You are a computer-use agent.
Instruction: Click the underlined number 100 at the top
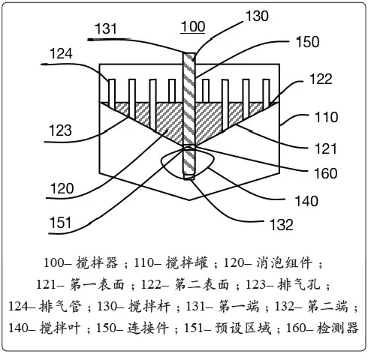click(x=193, y=26)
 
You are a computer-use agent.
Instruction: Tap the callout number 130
click(x=257, y=16)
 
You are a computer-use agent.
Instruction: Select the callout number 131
click(x=106, y=28)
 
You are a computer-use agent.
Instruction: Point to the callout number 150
click(x=308, y=42)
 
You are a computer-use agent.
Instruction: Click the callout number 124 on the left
click(x=61, y=53)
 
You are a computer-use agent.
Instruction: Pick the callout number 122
click(x=321, y=79)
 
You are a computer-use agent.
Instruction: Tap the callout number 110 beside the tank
click(x=327, y=117)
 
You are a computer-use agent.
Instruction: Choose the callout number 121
click(x=325, y=148)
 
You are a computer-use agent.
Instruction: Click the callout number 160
click(x=326, y=173)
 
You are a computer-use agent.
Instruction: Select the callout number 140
click(x=306, y=201)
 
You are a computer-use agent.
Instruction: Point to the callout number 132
click(x=282, y=224)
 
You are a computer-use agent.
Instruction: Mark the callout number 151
click(x=61, y=222)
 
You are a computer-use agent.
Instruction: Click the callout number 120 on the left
click(x=62, y=188)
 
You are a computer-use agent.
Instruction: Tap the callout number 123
click(x=60, y=130)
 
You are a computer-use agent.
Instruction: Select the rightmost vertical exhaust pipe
click(x=266, y=94)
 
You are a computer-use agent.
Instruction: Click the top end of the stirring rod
click(x=189, y=53)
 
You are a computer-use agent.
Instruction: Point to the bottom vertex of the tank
click(x=189, y=199)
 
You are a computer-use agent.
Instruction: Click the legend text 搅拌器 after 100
click(x=97, y=262)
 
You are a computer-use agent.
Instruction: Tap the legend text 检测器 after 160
click(x=338, y=328)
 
